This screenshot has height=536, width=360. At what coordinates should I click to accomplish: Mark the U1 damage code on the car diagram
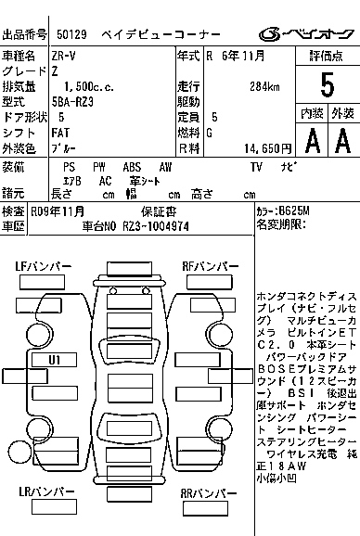55,358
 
